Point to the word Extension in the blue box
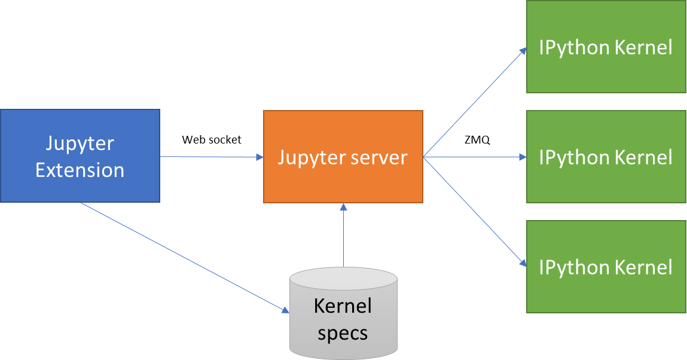(80, 170)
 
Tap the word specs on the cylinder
(343, 332)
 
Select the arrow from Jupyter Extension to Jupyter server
(212, 157)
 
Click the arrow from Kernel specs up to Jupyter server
(343, 236)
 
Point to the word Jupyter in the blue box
(80, 144)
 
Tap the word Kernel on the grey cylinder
(343, 306)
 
